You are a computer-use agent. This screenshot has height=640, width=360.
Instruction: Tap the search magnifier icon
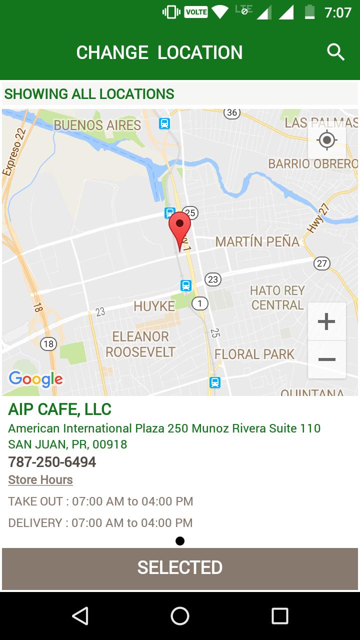pyautogui.click(x=335, y=52)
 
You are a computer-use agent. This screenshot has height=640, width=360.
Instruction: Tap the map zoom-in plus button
pyautogui.click(x=326, y=321)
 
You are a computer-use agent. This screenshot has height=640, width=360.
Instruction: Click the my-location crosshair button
pyautogui.click(x=327, y=140)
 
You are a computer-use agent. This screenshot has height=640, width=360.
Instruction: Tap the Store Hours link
pyautogui.click(x=40, y=479)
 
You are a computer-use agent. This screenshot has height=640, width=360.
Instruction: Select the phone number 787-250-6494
pyautogui.click(x=52, y=461)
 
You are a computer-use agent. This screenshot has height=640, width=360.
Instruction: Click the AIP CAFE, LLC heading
pyautogui.click(x=59, y=409)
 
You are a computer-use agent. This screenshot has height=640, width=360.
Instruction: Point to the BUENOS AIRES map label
pyautogui.click(x=97, y=125)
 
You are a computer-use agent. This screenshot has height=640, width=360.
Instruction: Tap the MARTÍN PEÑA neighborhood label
pyautogui.click(x=257, y=242)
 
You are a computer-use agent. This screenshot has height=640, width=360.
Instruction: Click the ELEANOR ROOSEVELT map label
pyautogui.click(x=140, y=344)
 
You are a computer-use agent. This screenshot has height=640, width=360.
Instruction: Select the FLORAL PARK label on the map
pyautogui.click(x=254, y=354)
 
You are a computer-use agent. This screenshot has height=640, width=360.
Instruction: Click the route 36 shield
pyautogui.click(x=231, y=112)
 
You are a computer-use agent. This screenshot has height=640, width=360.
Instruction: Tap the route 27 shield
pyautogui.click(x=322, y=263)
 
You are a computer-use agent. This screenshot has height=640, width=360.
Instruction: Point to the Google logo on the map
pyautogui.click(x=36, y=379)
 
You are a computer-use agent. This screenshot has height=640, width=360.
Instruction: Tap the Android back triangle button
pyautogui.click(x=80, y=616)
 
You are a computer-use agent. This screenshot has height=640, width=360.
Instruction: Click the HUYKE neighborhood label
pyautogui.click(x=154, y=306)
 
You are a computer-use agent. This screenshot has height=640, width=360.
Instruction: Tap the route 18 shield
pyautogui.click(x=48, y=343)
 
